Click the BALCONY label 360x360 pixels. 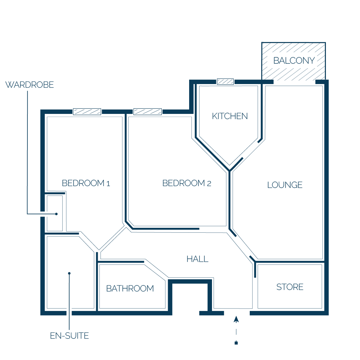click(x=294, y=61)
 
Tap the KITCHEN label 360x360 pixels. click(x=230, y=116)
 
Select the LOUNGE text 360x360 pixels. click(x=285, y=185)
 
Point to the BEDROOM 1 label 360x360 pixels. click(x=86, y=183)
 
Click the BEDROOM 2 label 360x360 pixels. click(x=187, y=183)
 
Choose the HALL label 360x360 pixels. click(x=197, y=259)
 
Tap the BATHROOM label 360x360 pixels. click(x=130, y=288)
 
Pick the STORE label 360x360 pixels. click(x=290, y=287)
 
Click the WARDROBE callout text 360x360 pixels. click(x=29, y=85)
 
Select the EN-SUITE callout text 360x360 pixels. click(x=69, y=336)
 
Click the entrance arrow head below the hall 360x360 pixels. click(x=236, y=319)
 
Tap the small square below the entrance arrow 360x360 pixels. click(x=236, y=343)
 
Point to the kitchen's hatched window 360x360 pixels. click(x=225, y=82)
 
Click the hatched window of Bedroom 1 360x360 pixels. click(x=87, y=111)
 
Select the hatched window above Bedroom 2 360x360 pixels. click(x=148, y=111)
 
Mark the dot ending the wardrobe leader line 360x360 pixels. click(x=56, y=214)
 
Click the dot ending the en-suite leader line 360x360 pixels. click(x=69, y=273)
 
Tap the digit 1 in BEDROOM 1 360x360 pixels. click(x=108, y=184)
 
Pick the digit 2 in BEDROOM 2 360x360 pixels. click(x=209, y=184)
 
